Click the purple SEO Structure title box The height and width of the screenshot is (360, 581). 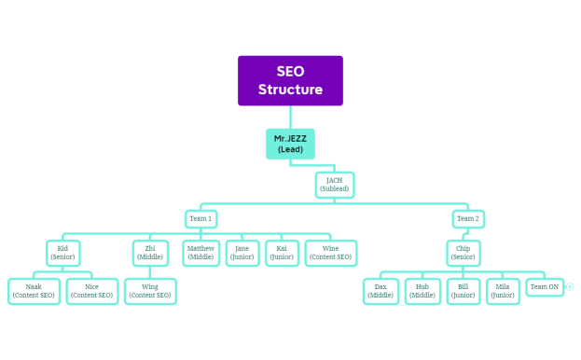pyautogui.click(x=290, y=81)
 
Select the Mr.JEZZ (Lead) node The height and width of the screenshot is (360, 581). pyautogui.click(x=290, y=144)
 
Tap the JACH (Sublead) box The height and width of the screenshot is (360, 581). pyautogui.click(x=335, y=184)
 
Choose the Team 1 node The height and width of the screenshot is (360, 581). pyautogui.click(x=201, y=219)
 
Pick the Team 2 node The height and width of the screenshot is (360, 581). pyautogui.click(x=468, y=219)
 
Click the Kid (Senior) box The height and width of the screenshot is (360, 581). pyautogui.click(x=63, y=253)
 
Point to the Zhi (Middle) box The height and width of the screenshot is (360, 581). pyautogui.click(x=150, y=253)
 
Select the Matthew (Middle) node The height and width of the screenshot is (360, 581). pyautogui.click(x=201, y=253)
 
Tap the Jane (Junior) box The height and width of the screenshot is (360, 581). pyautogui.click(x=242, y=253)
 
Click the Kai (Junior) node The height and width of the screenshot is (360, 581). pyautogui.click(x=282, y=253)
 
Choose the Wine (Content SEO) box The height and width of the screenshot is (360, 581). pyautogui.click(x=330, y=253)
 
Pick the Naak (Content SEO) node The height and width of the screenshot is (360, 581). pyautogui.click(x=34, y=291)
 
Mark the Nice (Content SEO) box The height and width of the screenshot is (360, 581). pyautogui.click(x=91, y=291)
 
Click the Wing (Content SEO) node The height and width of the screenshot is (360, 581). pyautogui.click(x=150, y=291)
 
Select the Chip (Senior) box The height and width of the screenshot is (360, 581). pyautogui.click(x=463, y=253)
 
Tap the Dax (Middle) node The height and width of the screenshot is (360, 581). pyautogui.click(x=380, y=291)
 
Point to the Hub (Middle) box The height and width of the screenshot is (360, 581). pyautogui.click(x=422, y=291)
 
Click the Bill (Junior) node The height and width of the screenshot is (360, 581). pyautogui.click(x=463, y=291)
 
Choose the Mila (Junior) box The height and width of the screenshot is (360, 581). pyautogui.click(x=503, y=291)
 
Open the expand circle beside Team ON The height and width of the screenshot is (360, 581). pyautogui.click(x=569, y=287)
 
